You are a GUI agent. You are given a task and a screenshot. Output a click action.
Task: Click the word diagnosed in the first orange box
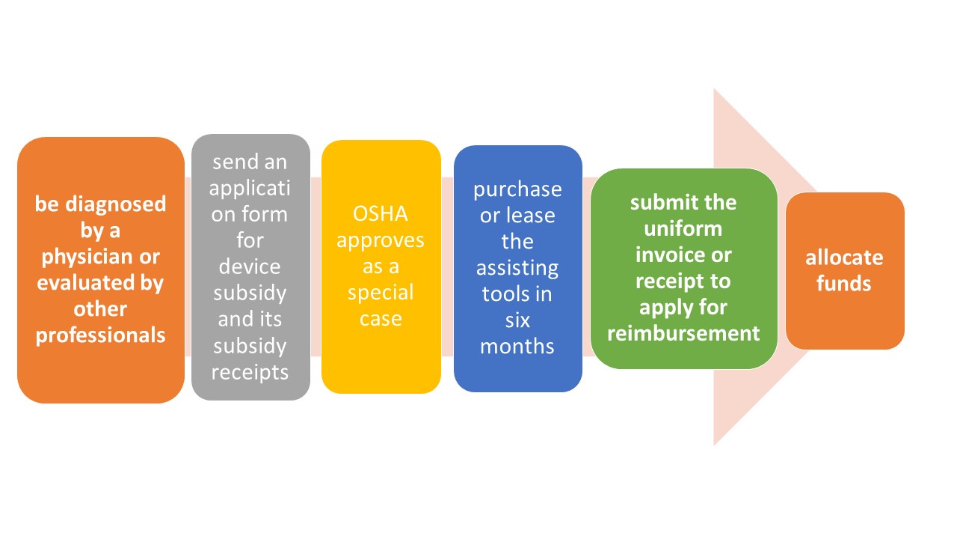coord(115,204)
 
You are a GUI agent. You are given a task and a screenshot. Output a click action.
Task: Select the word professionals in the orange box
coord(100,335)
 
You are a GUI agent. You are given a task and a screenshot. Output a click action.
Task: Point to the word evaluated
coord(85,282)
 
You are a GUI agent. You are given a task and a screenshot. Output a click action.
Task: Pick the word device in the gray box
coord(250,267)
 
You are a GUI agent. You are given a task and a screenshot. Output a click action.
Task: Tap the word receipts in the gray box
coord(250,372)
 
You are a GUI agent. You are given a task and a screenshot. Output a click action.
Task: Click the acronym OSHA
coord(381,214)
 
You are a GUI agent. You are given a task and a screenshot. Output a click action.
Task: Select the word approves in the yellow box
coord(381,241)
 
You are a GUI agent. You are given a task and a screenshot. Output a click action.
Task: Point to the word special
coord(381,293)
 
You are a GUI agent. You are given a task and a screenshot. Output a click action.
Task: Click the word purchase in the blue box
coord(517,190)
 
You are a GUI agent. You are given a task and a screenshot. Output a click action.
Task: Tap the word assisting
coord(517,269)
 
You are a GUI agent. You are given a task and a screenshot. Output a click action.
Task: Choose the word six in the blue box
coord(517,320)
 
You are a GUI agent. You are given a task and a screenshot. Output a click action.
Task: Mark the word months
coord(517,346)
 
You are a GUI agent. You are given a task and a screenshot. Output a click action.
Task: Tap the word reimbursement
coord(683,333)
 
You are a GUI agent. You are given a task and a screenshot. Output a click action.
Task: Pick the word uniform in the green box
coord(683,228)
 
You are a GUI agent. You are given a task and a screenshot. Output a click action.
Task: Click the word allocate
coord(844,258)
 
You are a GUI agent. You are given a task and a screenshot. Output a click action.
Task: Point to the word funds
coord(844,284)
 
